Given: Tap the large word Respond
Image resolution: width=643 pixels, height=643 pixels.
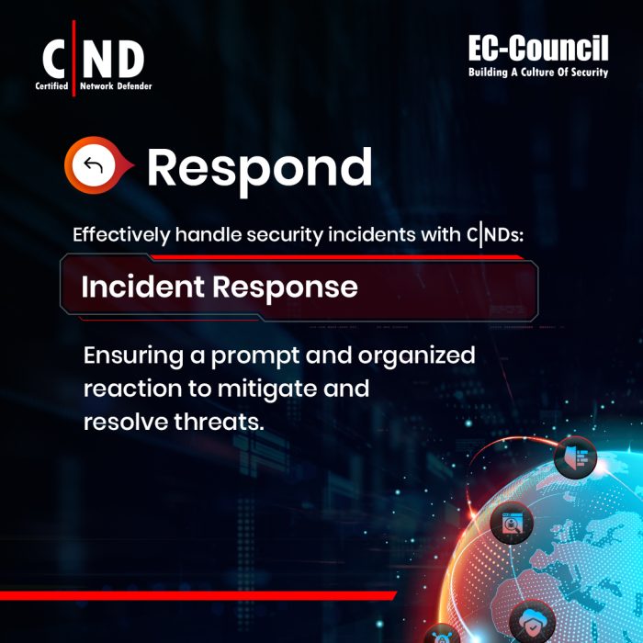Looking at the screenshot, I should tap(259, 169).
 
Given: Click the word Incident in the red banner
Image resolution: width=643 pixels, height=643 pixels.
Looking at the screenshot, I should tap(142, 288).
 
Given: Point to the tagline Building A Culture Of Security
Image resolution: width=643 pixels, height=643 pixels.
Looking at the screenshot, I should tap(537, 72).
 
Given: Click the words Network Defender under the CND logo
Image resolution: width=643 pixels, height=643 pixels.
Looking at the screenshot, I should tap(116, 86).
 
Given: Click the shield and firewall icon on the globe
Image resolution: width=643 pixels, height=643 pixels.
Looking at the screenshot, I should tap(576, 457).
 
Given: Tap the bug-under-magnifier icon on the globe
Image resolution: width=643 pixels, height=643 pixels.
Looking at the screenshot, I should tap(511, 525).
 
